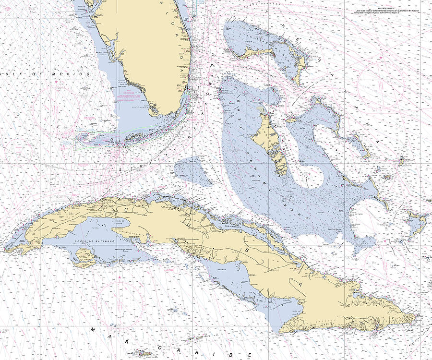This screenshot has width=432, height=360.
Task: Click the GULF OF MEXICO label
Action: pos(46,74)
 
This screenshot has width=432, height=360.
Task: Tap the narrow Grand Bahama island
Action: pos(259,49)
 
